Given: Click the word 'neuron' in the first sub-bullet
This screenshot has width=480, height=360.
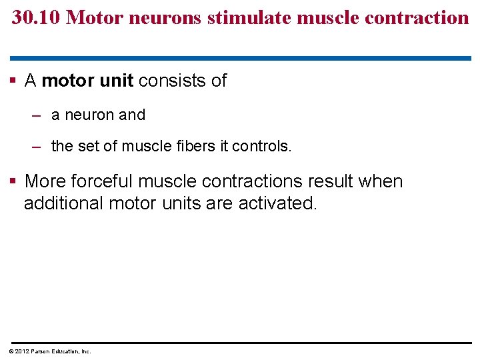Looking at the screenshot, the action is coord(89,115).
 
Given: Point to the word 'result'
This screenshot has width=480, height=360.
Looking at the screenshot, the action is coord(326,181).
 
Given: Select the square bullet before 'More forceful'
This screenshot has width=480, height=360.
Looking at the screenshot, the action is coord(13,182).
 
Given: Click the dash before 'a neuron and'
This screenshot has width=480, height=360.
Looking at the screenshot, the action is coord(37,115).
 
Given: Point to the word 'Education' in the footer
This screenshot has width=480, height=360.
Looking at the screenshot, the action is coord(59,351).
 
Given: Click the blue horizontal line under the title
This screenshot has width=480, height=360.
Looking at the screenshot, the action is coord(240,58).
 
